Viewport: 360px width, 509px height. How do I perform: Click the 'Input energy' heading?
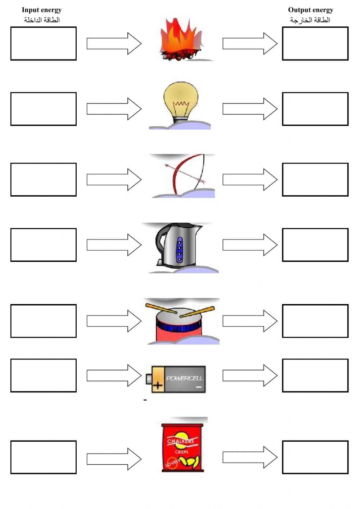coord(41,10)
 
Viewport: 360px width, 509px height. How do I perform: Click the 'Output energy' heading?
coord(310,10)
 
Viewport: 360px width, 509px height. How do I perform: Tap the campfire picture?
coord(181,40)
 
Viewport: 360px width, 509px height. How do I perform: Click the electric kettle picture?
coord(178,245)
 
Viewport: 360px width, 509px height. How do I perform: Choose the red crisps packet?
coord(182,447)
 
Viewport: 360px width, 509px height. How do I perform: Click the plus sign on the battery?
coord(158,386)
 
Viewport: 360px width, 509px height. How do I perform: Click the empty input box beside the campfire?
coord(43,44)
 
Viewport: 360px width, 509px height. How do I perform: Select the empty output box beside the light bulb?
coord(315,109)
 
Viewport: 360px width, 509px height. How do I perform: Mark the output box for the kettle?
coord(315,245)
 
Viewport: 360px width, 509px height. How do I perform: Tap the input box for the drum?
coord(43,321)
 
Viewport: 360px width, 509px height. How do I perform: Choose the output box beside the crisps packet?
coord(315,457)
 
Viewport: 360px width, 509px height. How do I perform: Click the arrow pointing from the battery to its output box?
coord(250,375)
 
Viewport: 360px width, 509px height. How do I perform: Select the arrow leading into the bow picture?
coord(114,179)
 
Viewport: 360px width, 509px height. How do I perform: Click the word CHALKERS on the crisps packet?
coord(180,441)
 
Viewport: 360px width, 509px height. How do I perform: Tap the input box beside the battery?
coord(43,375)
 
